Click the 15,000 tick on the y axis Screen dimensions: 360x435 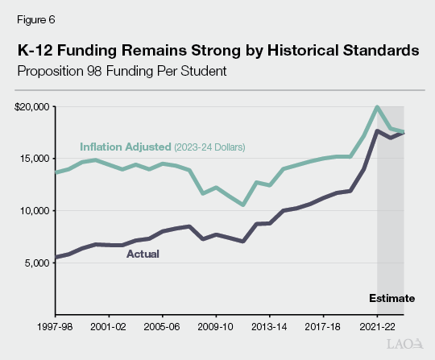point(35,159)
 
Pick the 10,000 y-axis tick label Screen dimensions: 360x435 point(35,211)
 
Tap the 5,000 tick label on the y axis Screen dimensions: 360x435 point(38,263)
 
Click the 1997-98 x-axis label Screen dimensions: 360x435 point(56,329)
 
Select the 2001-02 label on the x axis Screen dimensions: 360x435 point(109,329)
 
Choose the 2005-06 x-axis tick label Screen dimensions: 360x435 point(162,329)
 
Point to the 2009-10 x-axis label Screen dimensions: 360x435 point(216,329)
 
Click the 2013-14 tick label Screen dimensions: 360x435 point(269,329)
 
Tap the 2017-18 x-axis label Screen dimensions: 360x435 point(323,329)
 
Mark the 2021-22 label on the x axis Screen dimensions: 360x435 point(376,329)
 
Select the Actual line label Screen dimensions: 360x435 point(143,254)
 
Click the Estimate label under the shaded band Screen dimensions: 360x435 point(392,298)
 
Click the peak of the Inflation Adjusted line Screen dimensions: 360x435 point(377,107)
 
